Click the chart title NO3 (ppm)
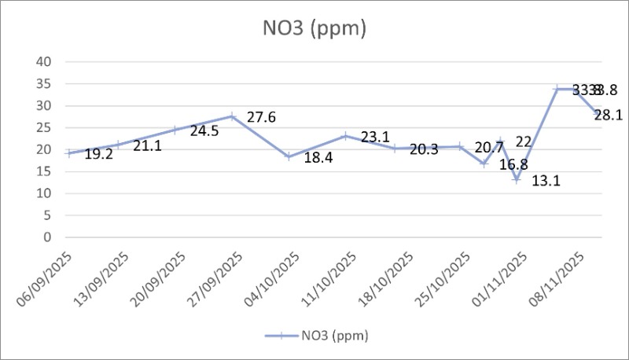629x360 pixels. point(314,28)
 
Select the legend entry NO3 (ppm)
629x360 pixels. point(322,336)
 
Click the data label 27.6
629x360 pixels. point(260,118)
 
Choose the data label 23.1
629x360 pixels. point(375,138)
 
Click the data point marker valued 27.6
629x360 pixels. point(232,116)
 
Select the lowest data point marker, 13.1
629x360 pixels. point(517,180)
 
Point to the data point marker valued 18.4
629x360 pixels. point(289,156)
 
